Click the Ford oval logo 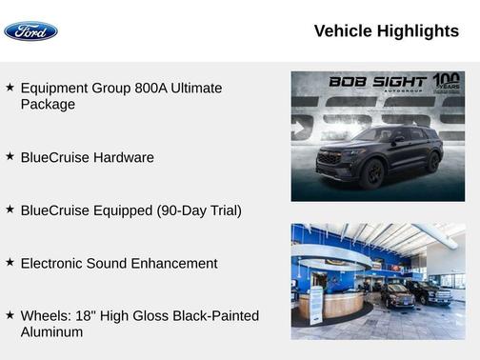click(x=30, y=31)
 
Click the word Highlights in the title click(x=418, y=31)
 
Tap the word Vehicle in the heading click(x=343, y=31)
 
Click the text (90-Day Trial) click(x=199, y=210)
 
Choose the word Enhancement click(x=174, y=263)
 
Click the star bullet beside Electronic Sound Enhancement click(x=10, y=262)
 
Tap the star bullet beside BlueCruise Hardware click(x=10, y=156)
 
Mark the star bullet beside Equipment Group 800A click(x=10, y=87)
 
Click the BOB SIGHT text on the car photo click(x=378, y=82)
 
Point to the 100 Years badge click(x=446, y=82)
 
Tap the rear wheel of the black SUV click(x=431, y=163)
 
